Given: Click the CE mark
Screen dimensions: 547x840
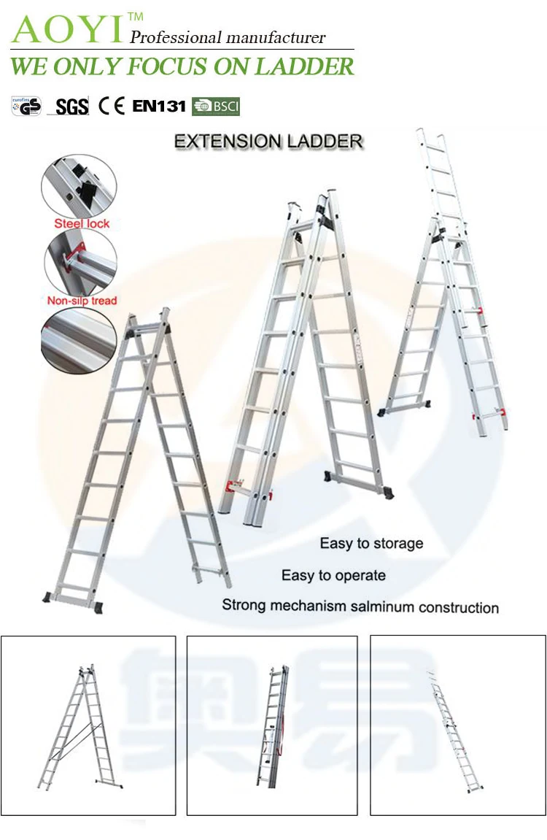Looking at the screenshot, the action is coord(112,106).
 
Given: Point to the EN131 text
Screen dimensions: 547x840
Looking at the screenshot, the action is coord(159,106).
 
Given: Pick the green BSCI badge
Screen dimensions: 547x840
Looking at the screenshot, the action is coord(216,107).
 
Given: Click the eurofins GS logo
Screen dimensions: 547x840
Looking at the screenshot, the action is coord(26,107).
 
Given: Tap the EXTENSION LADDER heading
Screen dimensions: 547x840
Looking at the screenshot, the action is coord(268,141).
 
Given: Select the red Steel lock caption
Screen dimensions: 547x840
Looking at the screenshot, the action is coord(82,223).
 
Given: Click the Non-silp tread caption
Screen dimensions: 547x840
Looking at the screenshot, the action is coord(82,300).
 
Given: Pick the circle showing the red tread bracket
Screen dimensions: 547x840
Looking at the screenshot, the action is coord(80,263).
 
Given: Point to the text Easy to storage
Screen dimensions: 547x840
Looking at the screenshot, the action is coord(371,543).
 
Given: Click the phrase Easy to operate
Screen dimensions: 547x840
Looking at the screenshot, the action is coord(333,575).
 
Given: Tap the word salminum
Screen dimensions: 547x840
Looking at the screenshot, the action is coord(362,606).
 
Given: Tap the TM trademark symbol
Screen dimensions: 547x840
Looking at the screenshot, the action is coord(135,16).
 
